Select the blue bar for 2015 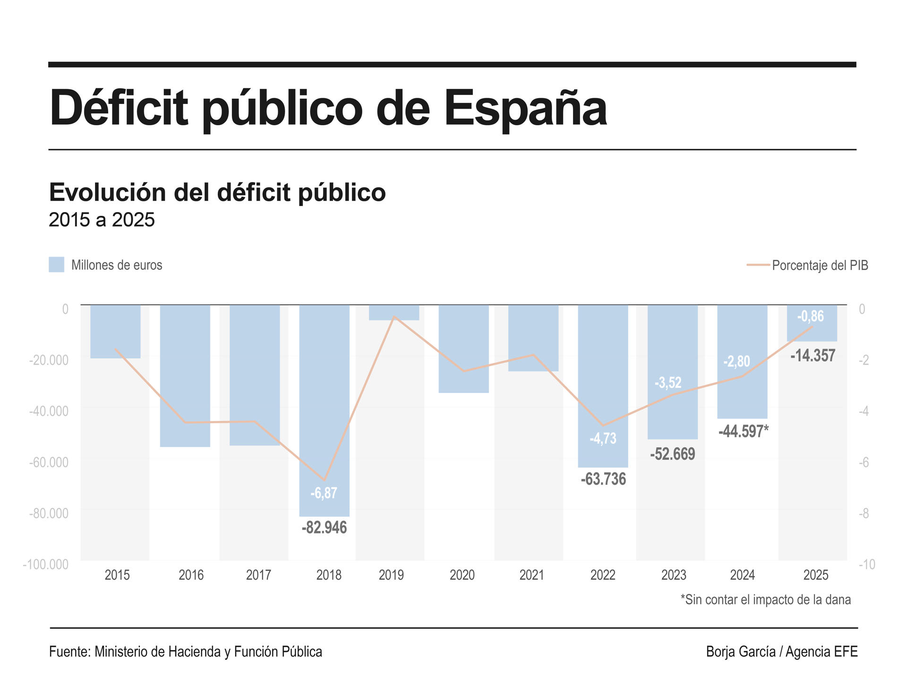115,331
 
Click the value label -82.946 324,527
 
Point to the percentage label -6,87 324,493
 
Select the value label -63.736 603,479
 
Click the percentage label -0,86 810,316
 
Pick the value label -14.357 813,355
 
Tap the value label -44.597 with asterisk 743,431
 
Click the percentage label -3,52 668,382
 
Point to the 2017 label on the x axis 258,575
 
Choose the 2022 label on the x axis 603,575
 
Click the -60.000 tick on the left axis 49,462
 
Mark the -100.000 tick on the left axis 45,564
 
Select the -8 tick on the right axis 864,513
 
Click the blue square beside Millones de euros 56,265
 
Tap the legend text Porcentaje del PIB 820,265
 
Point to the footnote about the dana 765,600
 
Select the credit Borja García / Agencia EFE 781,651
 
